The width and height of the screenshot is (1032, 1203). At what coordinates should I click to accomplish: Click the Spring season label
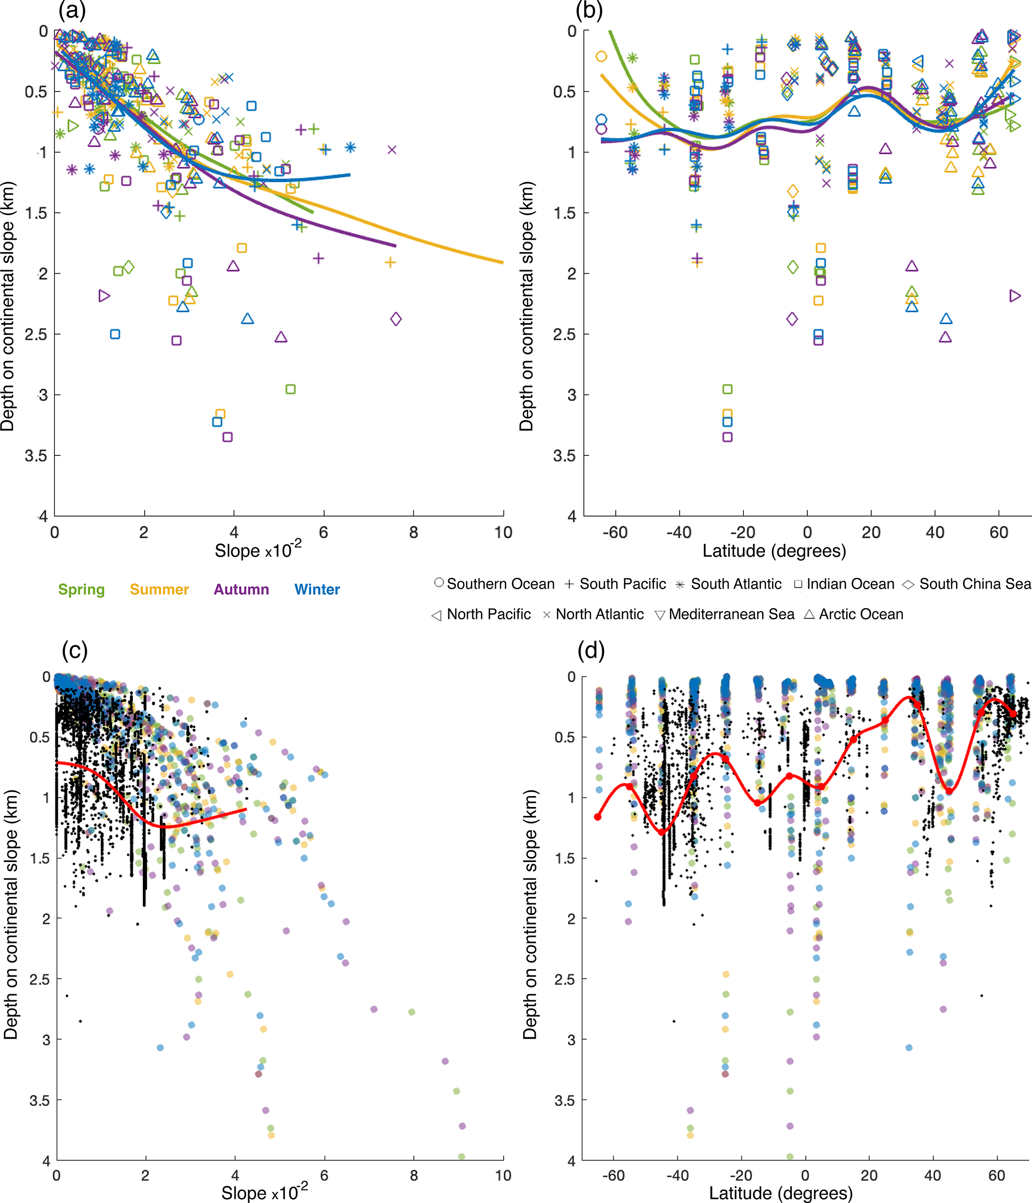pos(81,589)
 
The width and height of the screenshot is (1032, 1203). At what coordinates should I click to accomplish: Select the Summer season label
pos(159,589)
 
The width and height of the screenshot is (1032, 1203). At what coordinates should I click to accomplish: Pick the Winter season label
pos(317,589)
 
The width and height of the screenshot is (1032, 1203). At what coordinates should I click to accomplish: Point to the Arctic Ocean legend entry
pos(854,614)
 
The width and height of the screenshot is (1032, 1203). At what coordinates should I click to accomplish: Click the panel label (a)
pos(71,10)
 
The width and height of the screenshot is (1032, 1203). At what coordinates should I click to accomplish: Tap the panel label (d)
pos(591,650)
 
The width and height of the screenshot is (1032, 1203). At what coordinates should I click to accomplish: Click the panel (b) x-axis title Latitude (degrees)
pos(774,550)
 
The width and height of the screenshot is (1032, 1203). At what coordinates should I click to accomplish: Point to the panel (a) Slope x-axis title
pos(258,550)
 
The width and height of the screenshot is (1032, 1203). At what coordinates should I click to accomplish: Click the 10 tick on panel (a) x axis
pos(503,532)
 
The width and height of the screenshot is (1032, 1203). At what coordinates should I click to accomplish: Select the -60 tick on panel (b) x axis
pos(615,532)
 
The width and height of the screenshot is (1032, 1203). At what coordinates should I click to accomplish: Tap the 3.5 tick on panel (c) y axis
pos(39,1101)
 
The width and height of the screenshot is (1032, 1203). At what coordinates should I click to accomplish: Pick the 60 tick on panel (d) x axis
pos(996,1176)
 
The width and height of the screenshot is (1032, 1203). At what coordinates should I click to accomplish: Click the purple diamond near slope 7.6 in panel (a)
pos(396,319)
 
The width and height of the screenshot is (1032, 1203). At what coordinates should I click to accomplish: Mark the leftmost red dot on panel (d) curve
pos(598,817)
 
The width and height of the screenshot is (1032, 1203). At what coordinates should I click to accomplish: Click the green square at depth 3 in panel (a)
pos(291,389)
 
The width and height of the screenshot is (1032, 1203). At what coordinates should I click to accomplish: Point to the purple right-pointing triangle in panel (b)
pos(1015,296)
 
